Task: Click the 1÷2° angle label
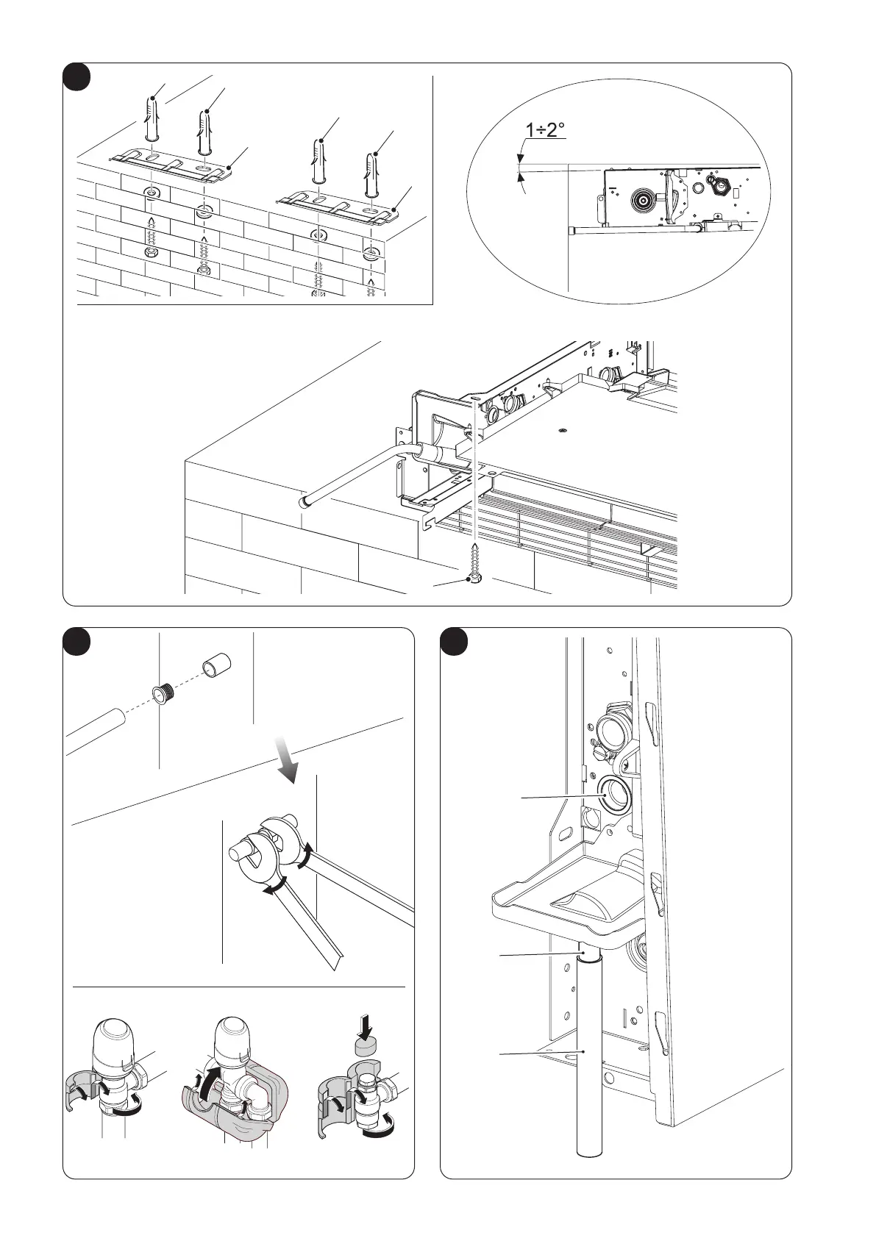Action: (x=545, y=131)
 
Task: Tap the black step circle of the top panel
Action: (x=76, y=76)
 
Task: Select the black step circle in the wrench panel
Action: (x=76, y=641)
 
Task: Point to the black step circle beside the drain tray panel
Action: (x=454, y=641)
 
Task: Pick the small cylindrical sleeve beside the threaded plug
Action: (x=217, y=667)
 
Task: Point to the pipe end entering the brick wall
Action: (x=303, y=502)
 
